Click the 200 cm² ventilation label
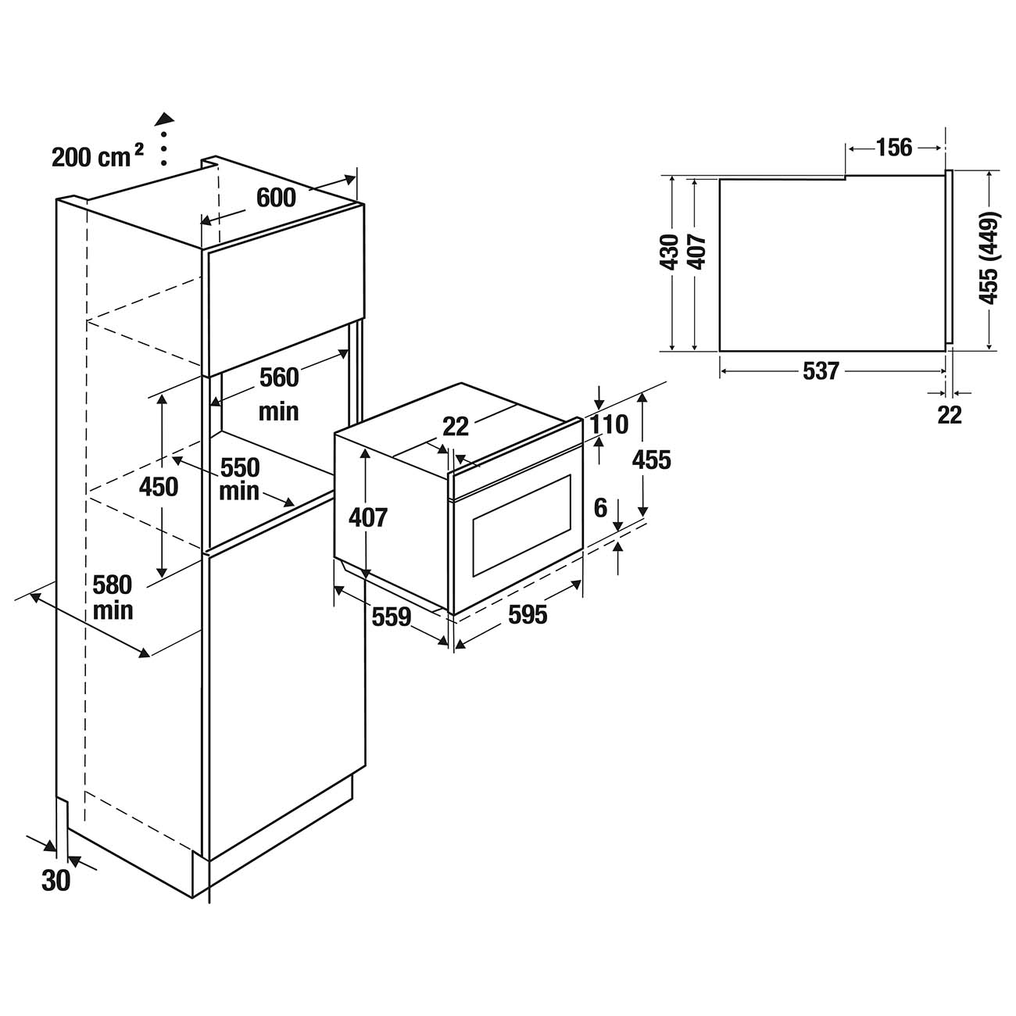(x=97, y=156)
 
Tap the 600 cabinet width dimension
(x=276, y=198)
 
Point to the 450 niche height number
(x=159, y=486)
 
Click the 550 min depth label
(x=239, y=479)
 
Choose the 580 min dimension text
(x=113, y=596)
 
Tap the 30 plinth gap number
(x=55, y=881)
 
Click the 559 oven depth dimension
(x=391, y=617)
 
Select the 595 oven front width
(x=528, y=615)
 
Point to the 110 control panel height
(x=610, y=424)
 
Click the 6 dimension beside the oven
(x=600, y=508)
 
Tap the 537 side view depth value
(x=821, y=370)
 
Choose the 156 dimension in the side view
(x=893, y=147)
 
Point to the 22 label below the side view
(x=950, y=415)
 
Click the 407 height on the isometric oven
(x=367, y=517)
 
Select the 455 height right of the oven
(x=652, y=460)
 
